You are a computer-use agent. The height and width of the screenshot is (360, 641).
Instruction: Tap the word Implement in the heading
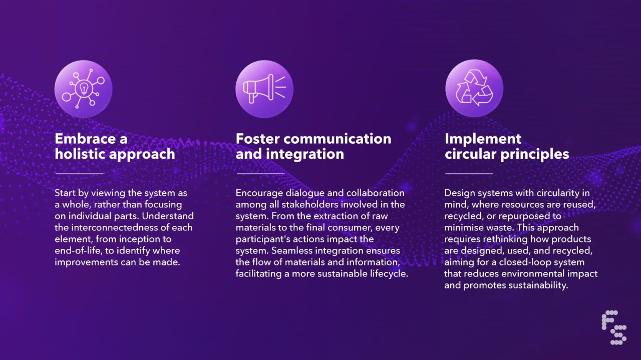483,139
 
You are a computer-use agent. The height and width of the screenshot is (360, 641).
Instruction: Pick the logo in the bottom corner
614,327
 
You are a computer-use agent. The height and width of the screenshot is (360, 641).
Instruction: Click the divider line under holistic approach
79,174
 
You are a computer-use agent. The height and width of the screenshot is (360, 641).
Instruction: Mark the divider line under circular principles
469,174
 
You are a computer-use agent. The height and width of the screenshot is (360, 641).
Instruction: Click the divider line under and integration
260,174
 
